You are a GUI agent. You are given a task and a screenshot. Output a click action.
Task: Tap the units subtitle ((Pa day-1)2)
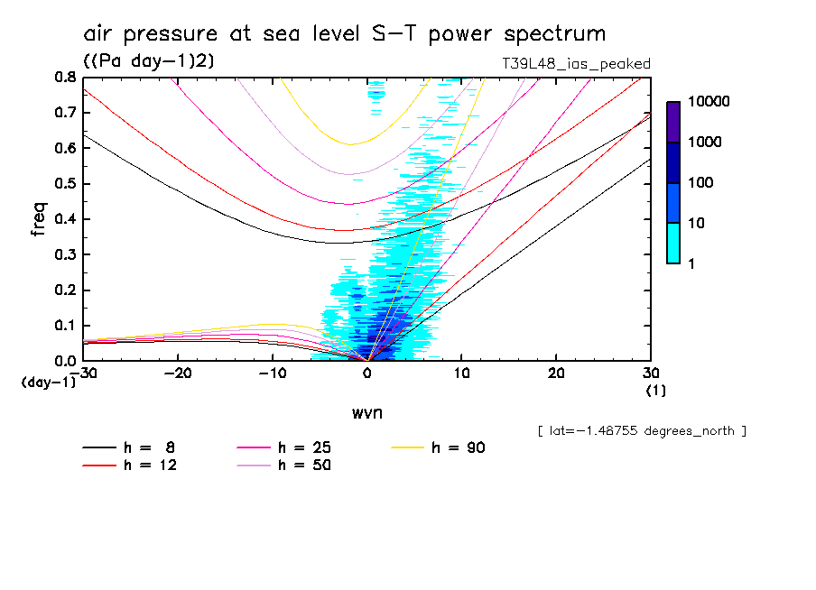pos(148,60)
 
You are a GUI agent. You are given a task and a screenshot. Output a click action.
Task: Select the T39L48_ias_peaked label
pos(576,63)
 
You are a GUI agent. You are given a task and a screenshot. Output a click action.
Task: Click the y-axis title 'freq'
pos(38,219)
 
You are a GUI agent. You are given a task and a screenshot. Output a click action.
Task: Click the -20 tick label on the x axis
pos(178,373)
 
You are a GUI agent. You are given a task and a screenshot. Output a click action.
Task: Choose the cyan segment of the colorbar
pos(673,243)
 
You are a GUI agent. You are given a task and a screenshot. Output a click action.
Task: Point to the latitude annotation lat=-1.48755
pos(642,431)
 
